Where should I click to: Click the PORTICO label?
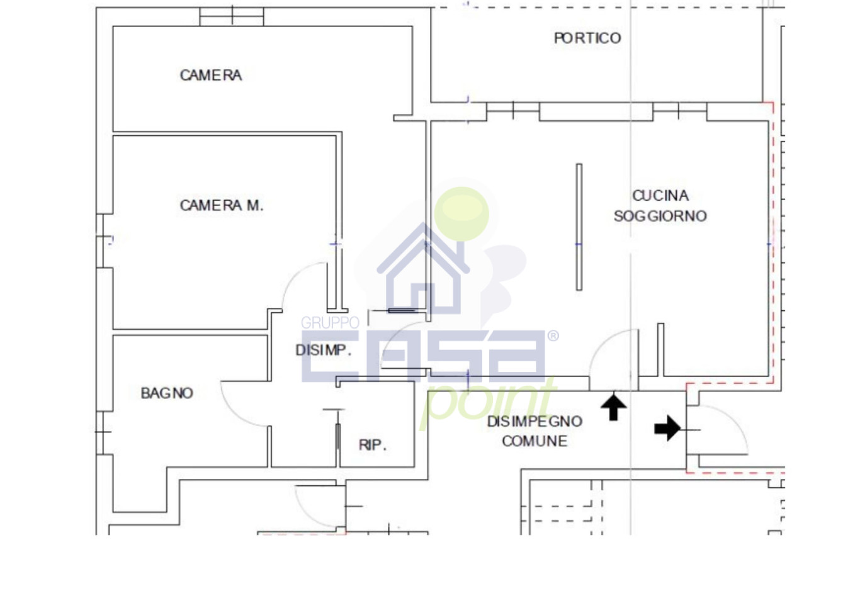[587, 38]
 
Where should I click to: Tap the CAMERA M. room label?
[222, 205]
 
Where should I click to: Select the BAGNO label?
[167, 393]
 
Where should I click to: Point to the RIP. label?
[372, 445]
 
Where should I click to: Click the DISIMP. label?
[323, 350]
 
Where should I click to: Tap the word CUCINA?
[660, 196]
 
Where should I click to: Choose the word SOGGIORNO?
[660, 216]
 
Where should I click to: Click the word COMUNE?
[535, 441]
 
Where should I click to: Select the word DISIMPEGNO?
[535, 422]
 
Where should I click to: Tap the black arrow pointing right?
[667, 427]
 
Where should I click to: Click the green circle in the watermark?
[461, 214]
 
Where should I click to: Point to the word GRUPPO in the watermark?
[330, 323]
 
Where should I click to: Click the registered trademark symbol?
[553, 336]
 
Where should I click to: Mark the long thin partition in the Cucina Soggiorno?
[579, 227]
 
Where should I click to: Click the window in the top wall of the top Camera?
[232, 16]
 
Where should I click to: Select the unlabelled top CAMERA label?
[211, 76]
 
